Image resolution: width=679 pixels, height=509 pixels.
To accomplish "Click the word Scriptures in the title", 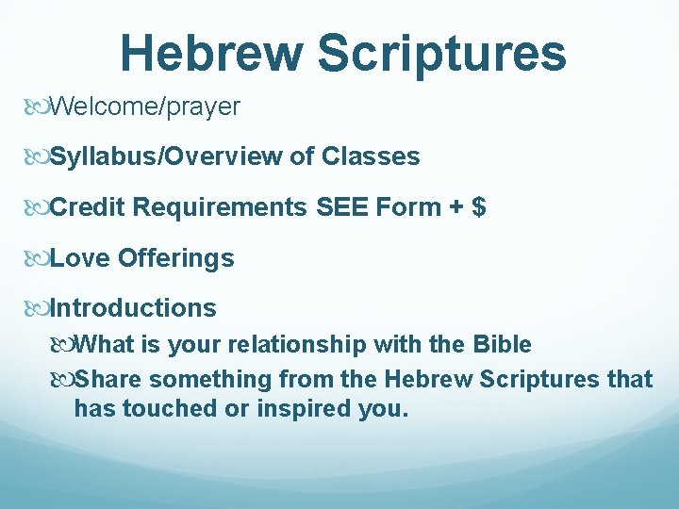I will coord(441,55).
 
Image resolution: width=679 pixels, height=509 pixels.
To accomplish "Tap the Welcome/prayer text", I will coord(144,107).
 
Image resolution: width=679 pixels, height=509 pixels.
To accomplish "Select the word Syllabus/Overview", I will coord(165,156).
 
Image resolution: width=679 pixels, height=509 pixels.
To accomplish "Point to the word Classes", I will coord(371,156).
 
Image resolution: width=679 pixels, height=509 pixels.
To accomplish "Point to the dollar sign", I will coord(479,206).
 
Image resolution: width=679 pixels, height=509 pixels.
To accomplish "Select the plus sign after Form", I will coord(455,207).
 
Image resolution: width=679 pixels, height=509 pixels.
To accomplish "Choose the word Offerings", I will coord(175,258).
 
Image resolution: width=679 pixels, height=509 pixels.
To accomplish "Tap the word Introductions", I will coord(133,308).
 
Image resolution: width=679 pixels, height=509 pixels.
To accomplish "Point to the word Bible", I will coord(500,345).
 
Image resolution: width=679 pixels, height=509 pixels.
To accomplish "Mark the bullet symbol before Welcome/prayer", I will coord(39,107).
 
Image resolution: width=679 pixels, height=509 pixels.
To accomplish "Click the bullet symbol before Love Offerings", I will coord(39,258).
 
